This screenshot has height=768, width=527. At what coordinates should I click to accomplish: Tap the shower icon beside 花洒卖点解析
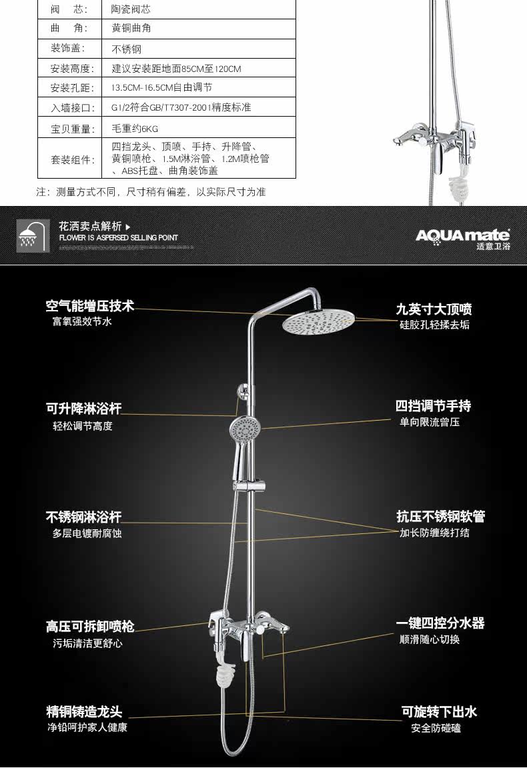point(33,236)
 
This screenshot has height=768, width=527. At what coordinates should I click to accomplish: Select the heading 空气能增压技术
point(90,306)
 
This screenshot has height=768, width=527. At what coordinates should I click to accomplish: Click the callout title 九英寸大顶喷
point(434,309)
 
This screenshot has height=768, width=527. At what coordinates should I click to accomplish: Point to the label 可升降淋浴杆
point(83,409)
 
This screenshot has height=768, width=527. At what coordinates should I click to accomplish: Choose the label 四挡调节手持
point(433,406)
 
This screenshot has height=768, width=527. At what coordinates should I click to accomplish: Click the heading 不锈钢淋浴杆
point(83,517)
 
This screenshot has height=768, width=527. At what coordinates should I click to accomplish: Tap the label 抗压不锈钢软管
point(440,517)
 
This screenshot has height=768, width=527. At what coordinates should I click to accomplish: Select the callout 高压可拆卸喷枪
point(90,627)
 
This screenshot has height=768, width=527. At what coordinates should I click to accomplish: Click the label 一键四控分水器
point(440,623)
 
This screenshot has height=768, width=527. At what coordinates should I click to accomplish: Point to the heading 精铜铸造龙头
point(83,712)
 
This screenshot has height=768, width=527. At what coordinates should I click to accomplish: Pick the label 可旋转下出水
point(439,712)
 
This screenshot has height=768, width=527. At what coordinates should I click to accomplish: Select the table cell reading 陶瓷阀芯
point(131,11)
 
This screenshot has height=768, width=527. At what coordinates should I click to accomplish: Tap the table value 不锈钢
point(126,49)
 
